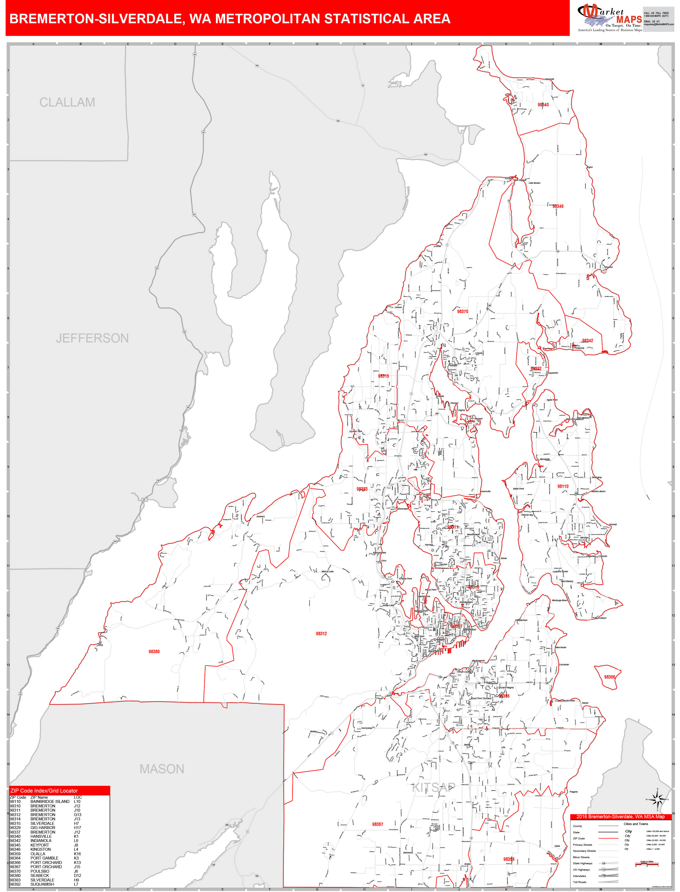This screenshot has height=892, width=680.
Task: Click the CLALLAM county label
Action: (67, 103)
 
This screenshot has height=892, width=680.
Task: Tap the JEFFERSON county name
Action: (92, 338)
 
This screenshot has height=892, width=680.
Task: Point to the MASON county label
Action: (162, 769)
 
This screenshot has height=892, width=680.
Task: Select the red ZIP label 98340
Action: (543, 105)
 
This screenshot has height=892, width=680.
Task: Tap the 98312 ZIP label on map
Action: (322, 634)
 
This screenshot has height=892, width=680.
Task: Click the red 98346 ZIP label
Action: (558, 206)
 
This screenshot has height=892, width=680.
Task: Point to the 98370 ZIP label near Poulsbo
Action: (463, 312)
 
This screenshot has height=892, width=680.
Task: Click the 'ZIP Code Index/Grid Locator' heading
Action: (44, 791)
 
